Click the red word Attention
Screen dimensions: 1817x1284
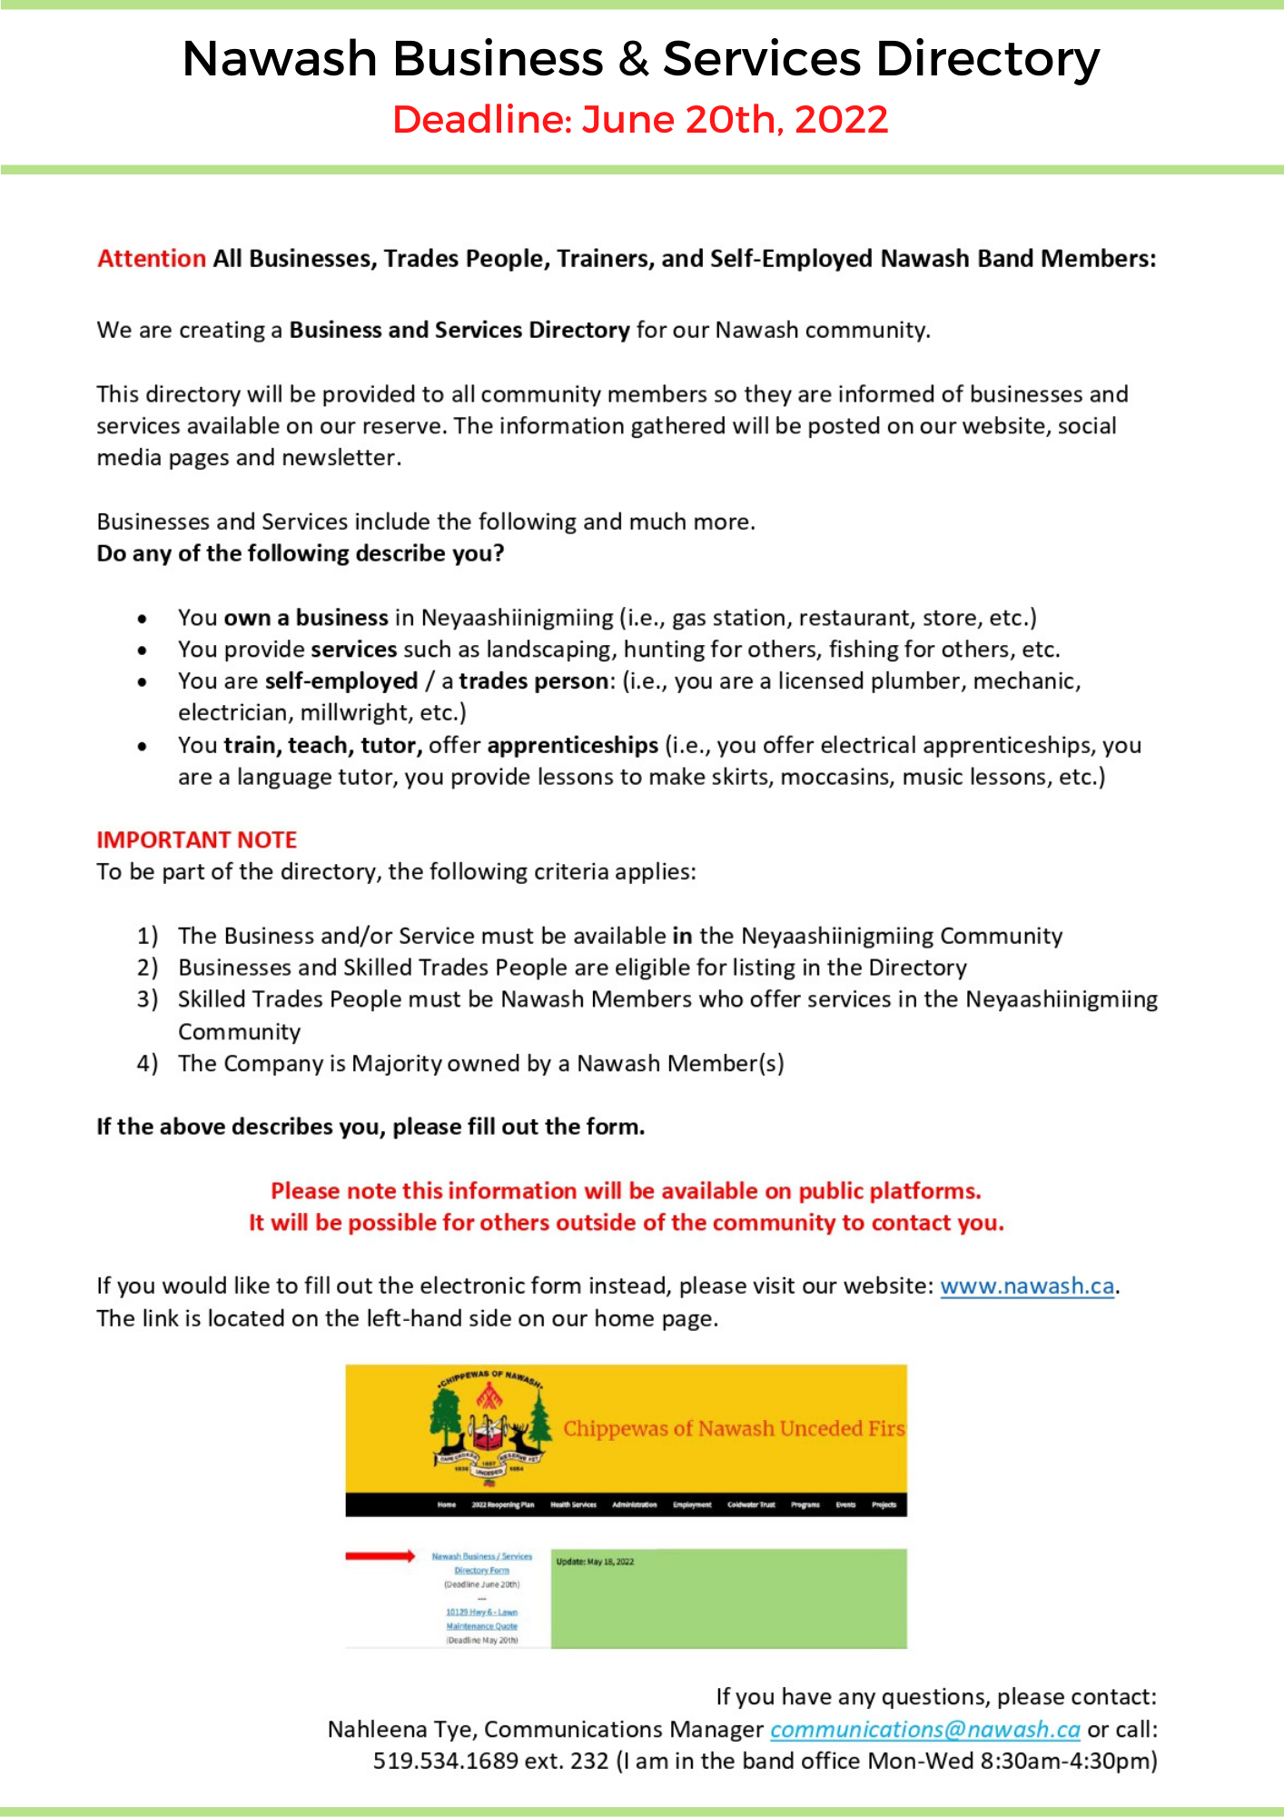(x=152, y=259)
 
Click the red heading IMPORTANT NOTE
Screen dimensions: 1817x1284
(x=197, y=839)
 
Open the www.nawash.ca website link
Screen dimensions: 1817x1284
(x=1026, y=1286)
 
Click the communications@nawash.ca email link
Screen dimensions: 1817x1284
(x=924, y=1729)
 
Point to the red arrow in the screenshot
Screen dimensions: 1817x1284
(x=380, y=1556)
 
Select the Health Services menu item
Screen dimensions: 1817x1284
(x=573, y=1504)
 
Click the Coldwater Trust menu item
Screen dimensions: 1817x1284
(x=751, y=1504)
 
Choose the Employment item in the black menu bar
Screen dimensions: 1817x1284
(x=692, y=1504)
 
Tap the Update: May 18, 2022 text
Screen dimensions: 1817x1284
(x=595, y=1562)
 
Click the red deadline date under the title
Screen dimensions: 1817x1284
(x=640, y=120)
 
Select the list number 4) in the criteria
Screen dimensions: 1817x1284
(x=147, y=1063)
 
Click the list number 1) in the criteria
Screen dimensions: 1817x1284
(x=147, y=936)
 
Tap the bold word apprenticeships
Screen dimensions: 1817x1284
(x=572, y=745)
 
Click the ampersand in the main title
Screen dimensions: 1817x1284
(x=633, y=59)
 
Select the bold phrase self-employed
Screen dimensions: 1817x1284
(x=341, y=681)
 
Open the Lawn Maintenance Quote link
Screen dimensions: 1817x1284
(x=481, y=1619)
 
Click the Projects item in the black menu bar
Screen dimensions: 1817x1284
(x=884, y=1504)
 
